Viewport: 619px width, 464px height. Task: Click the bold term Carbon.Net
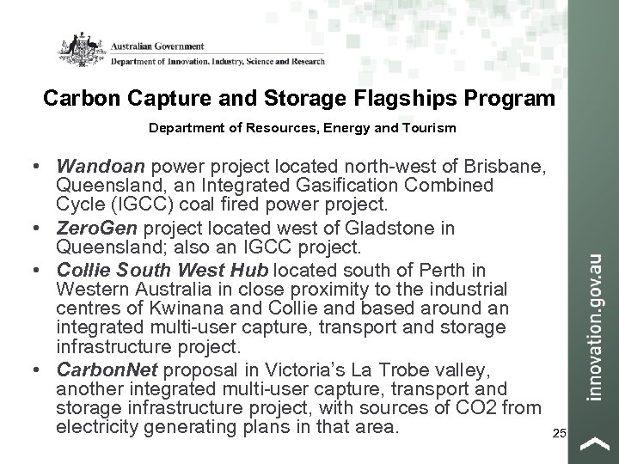click(104, 369)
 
